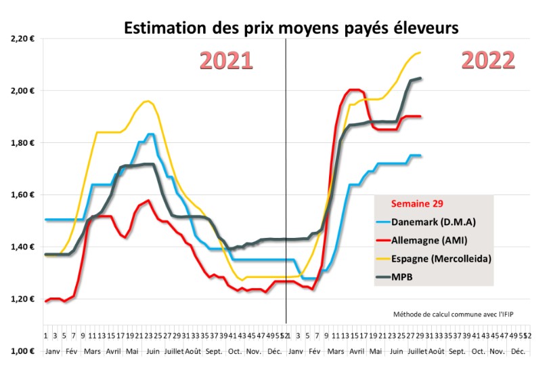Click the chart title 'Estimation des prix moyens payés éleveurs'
click(x=291, y=28)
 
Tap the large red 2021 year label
click(x=225, y=60)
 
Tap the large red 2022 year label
click(x=488, y=60)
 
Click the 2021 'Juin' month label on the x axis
click(x=154, y=351)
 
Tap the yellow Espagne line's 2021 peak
click(x=147, y=102)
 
